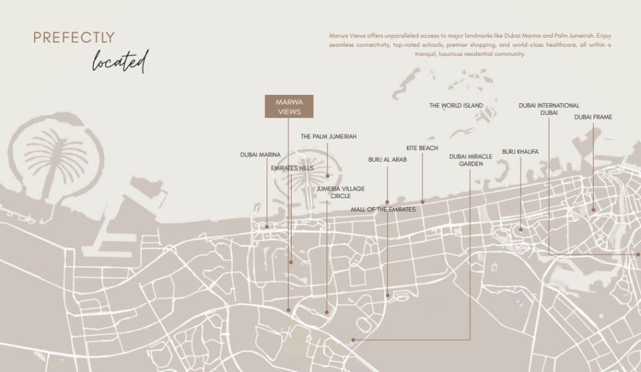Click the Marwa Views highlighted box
click(x=288, y=106)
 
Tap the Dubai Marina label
click(x=260, y=155)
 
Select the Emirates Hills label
click(x=292, y=168)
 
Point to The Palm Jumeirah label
click(x=328, y=137)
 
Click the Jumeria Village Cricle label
click(x=340, y=192)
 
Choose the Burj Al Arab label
click(x=387, y=160)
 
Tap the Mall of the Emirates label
click(x=383, y=210)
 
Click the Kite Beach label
click(x=422, y=148)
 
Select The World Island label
click(x=456, y=106)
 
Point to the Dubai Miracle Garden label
click(x=470, y=160)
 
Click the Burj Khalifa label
click(x=520, y=152)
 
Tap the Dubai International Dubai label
click(x=549, y=109)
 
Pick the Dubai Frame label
click(x=593, y=117)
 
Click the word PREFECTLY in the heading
click(x=74, y=38)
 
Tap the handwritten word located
click(x=120, y=62)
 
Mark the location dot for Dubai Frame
click(x=594, y=209)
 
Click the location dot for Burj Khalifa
click(x=520, y=229)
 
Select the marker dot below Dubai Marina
click(x=267, y=226)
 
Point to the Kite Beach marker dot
click(x=422, y=202)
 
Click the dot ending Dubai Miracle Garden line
click(x=353, y=340)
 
